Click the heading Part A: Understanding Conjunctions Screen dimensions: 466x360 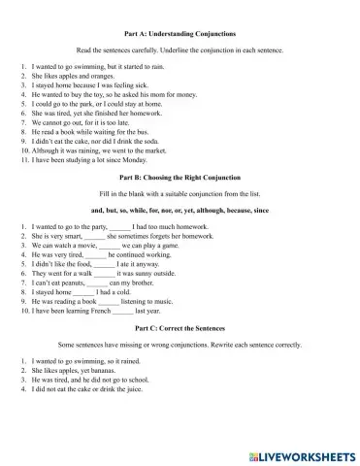tap(180, 33)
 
